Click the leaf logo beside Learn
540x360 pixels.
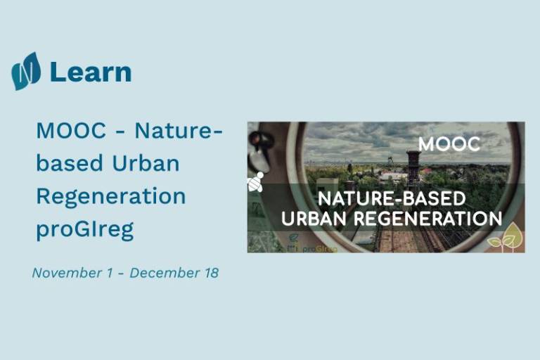[x=26, y=71]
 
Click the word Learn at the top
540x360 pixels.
[x=91, y=72]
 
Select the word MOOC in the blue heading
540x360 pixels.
[x=71, y=131]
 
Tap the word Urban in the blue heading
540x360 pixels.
[x=146, y=163]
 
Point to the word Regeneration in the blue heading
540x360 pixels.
[x=111, y=197]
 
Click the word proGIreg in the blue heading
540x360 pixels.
[x=84, y=230]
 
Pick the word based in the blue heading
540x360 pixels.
[x=70, y=163]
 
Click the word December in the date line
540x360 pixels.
[x=165, y=273]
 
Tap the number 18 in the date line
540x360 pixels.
[x=212, y=273]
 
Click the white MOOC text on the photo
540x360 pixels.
[x=449, y=144]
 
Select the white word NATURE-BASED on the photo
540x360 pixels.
[x=392, y=199]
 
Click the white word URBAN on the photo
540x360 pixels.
[x=314, y=219]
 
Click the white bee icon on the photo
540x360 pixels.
[x=255, y=182]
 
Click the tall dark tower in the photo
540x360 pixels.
[x=413, y=168]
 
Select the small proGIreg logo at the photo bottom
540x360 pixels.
[x=311, y=245]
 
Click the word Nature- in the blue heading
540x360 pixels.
[x=179, y=131]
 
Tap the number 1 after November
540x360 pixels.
[x=110, y=273]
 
